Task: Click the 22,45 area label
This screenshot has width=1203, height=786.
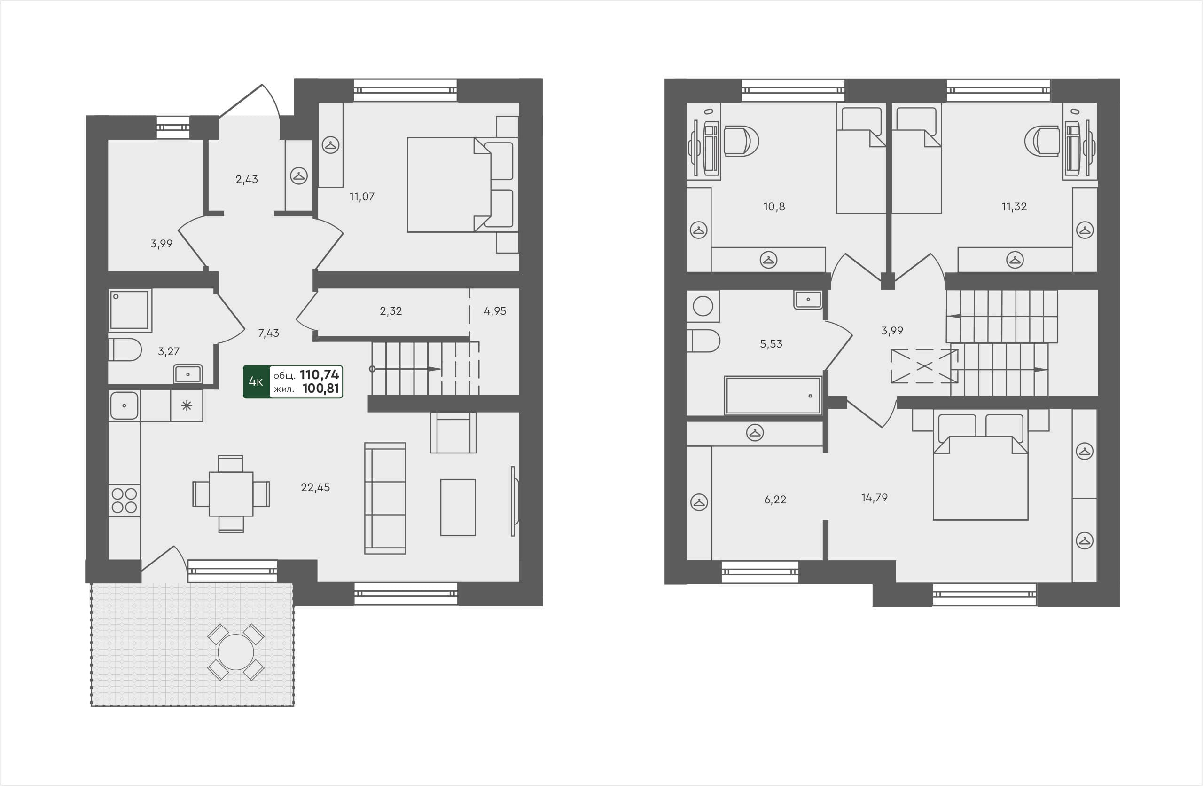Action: click(x=315, y=487)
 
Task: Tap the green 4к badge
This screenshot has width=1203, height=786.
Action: click(x=256, y=382)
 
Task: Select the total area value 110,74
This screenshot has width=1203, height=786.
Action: click(x=319, y=375)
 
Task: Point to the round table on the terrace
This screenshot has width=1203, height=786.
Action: click(x=235, y=652)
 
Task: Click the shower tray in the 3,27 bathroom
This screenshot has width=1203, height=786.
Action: click(x=130, y=310)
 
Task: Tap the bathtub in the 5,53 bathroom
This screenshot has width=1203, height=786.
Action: click(x=773, y=396)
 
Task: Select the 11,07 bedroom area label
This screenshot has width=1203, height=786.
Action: click(x=362, y=197)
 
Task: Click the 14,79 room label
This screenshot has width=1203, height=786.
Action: click(x=875, y=498)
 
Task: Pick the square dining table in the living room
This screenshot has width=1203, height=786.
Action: click(x=231, y=493)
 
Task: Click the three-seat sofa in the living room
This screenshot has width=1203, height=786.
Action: click(x=385, y=498)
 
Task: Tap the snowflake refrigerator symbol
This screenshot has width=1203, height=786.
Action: click(x=187, y=405)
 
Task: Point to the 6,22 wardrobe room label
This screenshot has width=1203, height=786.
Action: click(x=775, y=500)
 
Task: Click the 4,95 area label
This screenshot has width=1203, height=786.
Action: click(x=495, y=311)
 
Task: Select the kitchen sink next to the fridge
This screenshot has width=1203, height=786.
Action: click(x=124, y=405)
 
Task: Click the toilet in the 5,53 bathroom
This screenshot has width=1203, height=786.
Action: click(x=703, y=341)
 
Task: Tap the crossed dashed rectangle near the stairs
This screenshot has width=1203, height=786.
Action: click(x=923, y=365)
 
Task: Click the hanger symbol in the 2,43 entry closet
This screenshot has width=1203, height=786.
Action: click(x=299, y=176)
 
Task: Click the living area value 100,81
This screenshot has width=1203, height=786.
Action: click(x=320, y=389)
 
